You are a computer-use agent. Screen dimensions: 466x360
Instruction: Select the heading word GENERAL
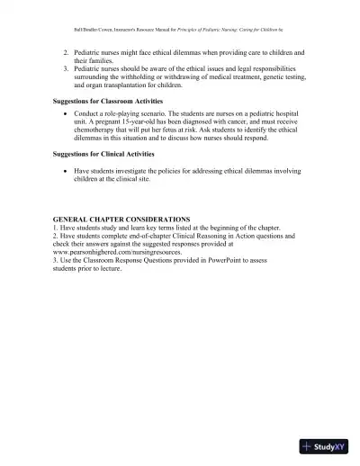click(x=74, y=219)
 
